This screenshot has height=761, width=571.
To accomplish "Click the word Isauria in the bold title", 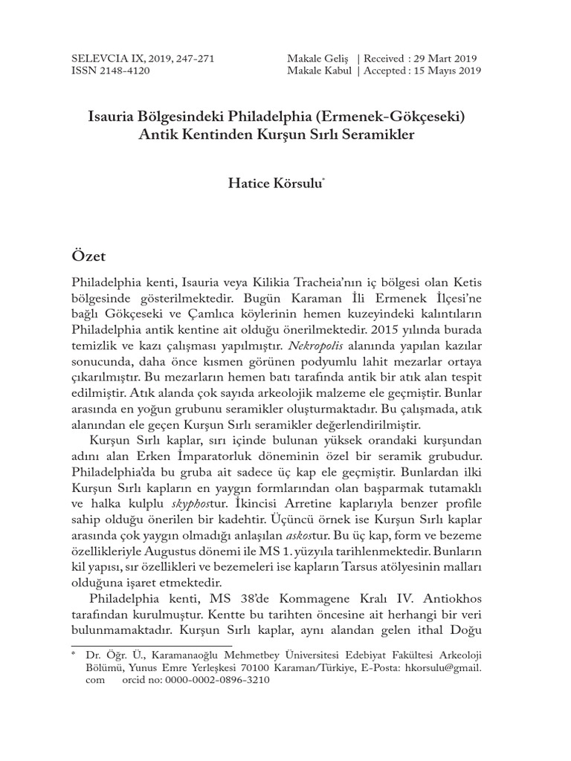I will click(114, 117).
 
